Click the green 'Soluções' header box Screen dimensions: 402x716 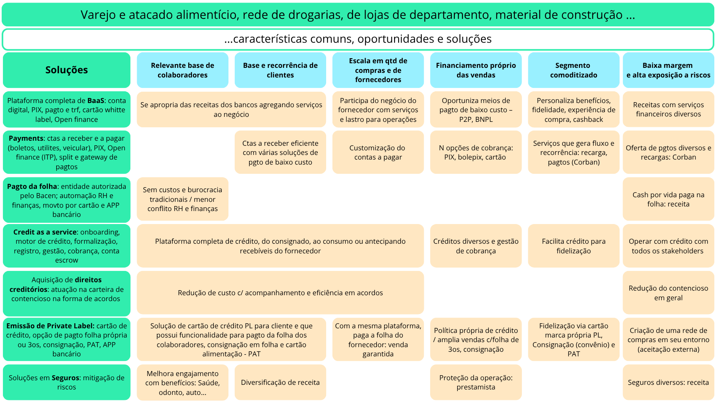(x=67, y=70)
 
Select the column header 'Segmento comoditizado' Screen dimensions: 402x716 (x=573, y=70)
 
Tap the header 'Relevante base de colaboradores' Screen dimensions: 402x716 (x=182, y=70)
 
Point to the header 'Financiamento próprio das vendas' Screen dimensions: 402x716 (x=476, y=70)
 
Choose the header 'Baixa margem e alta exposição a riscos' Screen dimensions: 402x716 (x=668, y=70)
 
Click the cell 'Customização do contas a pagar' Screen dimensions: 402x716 (x=378, y=152)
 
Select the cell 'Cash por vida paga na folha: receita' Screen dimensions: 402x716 (x=668, y=199)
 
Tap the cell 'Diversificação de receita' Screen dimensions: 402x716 (x=280, y=382)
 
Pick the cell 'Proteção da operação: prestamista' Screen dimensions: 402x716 (x=476, y=382)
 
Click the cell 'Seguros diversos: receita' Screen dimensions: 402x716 (x=668, y=382)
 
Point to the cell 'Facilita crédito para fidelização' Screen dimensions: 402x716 (x=573, y=246)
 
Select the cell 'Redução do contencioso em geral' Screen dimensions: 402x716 (x=668, y=293)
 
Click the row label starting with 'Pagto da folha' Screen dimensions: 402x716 (x=67, y=200)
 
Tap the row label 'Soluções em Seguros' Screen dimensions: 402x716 (x=67, y=382)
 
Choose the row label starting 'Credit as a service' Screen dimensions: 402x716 (x=67, y=246)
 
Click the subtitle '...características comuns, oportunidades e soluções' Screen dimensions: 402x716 (x=358, y=39)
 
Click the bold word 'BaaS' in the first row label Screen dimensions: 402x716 (x=96, y=100)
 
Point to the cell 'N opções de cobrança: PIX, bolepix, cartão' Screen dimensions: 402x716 (x=476, y=152)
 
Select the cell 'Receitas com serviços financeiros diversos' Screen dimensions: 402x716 (x=668, y=109)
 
